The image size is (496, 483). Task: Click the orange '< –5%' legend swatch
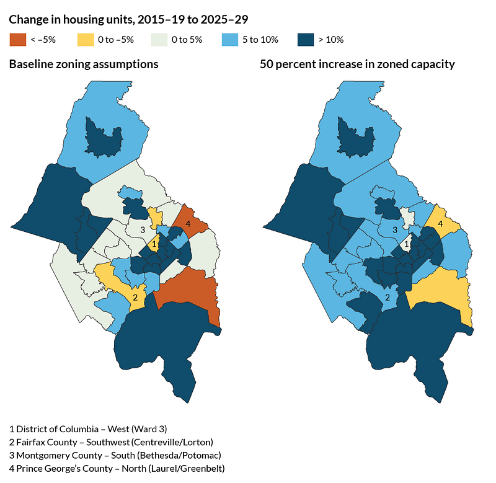pyautogui.click(x=16, y=40)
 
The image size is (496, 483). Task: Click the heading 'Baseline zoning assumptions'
pyautogui.click(x=84, y=64)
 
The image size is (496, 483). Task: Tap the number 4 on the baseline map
pyautogui.click(x=187, y=224)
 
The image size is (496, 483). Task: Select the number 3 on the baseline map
pyautogui.click(x=143, y=230)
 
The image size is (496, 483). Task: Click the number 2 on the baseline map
pyautogui.click(x=135, y=298)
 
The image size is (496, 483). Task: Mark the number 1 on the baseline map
pyautogui.click(x=154, y=244)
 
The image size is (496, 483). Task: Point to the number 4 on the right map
pyautogui.click(x=440, y=224)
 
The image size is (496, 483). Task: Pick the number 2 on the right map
pyautogui.click(x=388, y=298)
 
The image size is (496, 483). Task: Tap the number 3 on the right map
pyautogui.click(x=396, y=230)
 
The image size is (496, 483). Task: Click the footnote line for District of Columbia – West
pyautogui.click(x=88, y=428)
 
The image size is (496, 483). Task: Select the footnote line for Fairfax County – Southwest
pyautogui.click(x=111, y=441)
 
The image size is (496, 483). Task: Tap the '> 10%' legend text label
pyautogui.click(x=330, y=40)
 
